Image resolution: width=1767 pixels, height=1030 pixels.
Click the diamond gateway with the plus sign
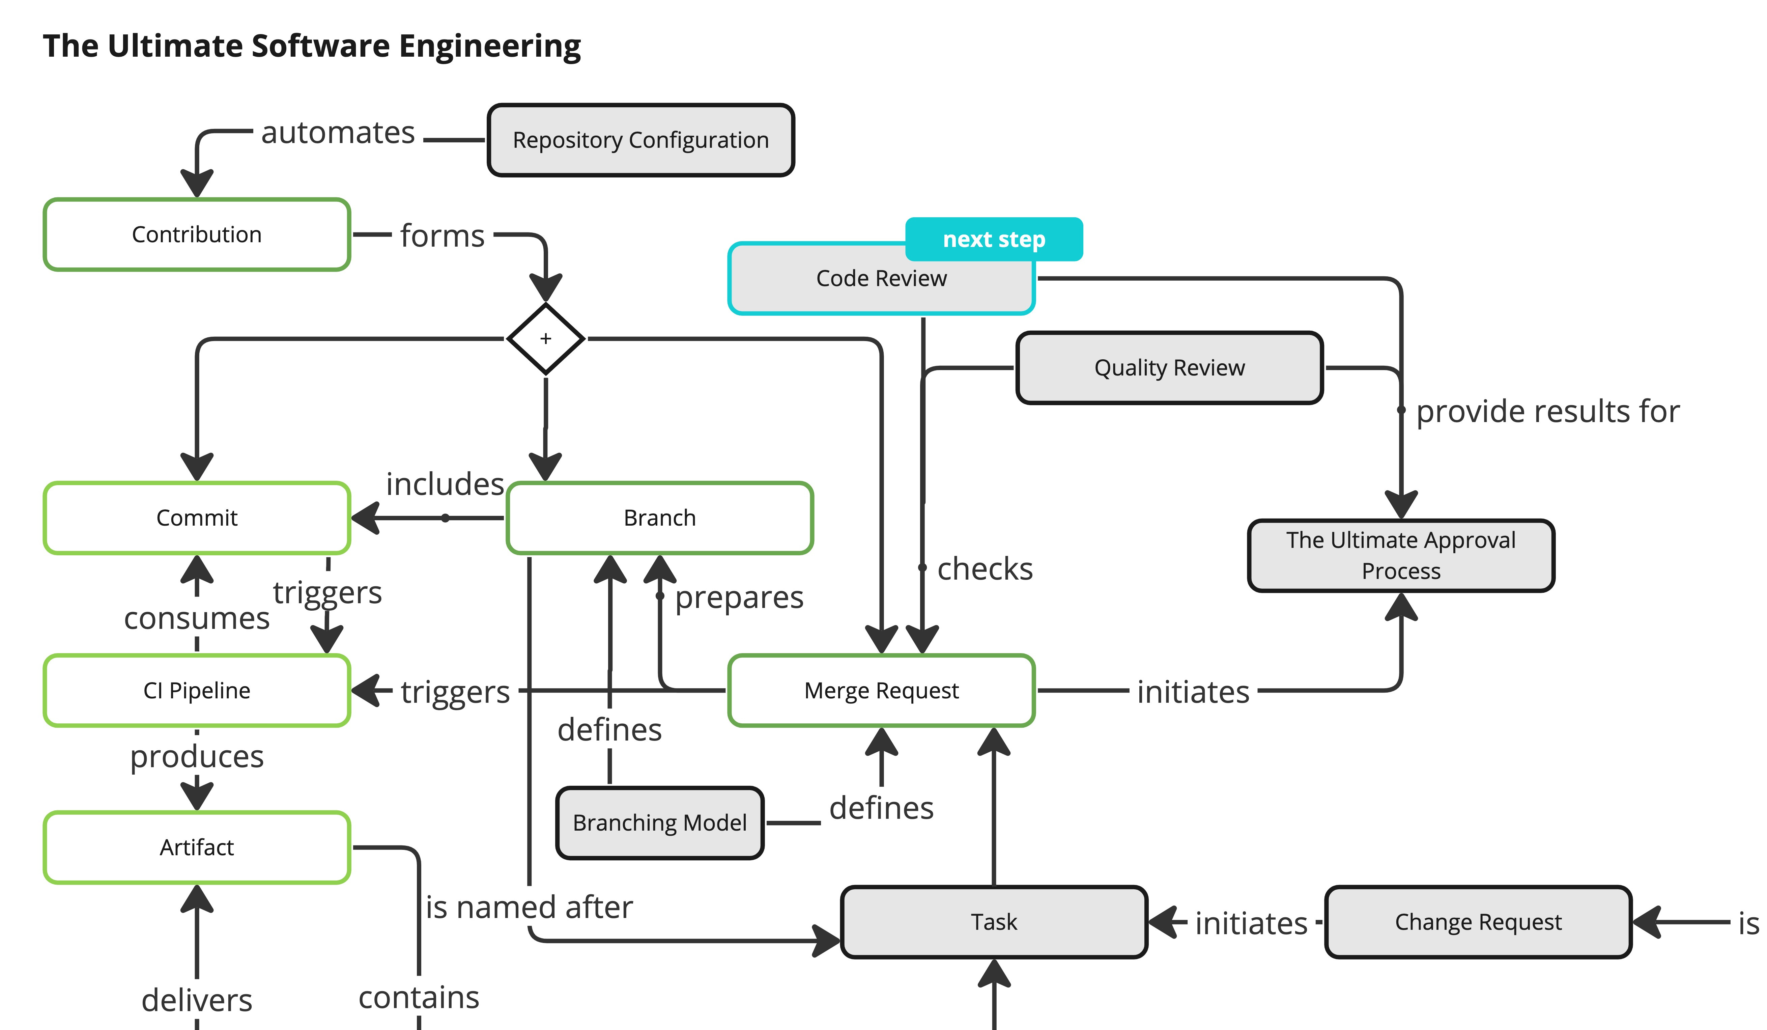[545, 339]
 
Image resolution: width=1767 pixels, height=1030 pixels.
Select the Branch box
[659, 518]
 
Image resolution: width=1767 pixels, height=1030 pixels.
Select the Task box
[994, 921]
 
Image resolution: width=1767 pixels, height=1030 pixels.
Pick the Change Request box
[1478, 921]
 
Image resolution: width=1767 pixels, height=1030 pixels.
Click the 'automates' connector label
[338, 133]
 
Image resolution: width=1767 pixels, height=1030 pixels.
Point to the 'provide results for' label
[1547, 412]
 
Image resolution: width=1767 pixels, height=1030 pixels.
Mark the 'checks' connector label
[985, 568]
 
